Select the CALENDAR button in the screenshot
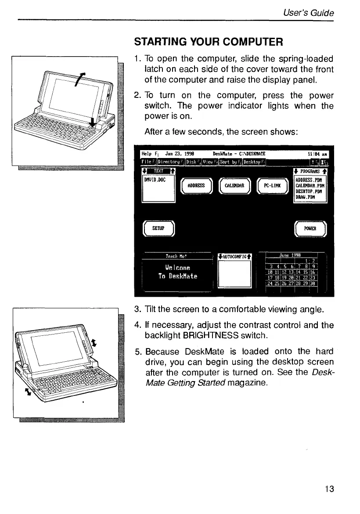click(234, 185)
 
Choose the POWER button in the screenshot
click(311, 228)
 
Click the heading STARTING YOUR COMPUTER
click(209, 43)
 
